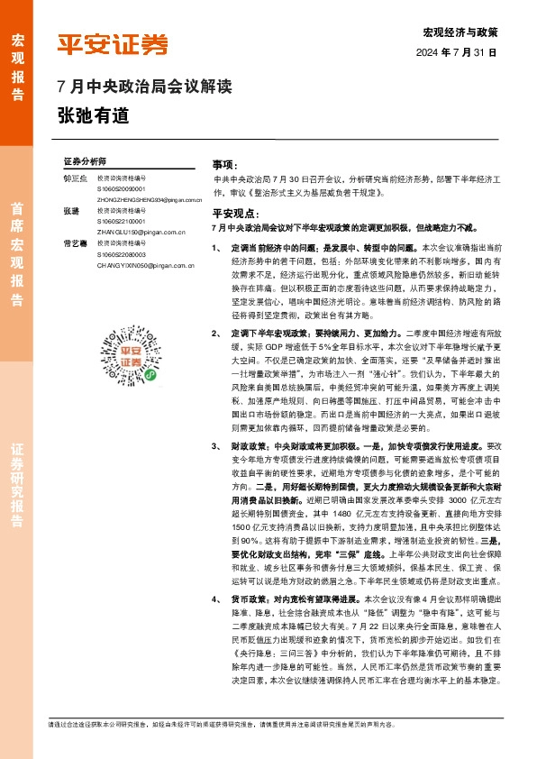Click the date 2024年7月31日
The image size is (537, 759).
click(457, 52)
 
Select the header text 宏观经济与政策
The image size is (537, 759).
click(460, 32)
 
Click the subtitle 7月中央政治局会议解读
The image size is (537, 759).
click(144, 88)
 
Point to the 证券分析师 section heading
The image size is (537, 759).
click(85, 160)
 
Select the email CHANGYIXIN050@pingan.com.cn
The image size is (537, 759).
click(145, 266)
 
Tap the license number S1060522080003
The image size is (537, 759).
click(125, 255)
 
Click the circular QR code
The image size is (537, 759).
click(130, 360)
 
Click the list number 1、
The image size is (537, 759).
click(215, 246)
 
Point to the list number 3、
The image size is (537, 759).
click(215, 445)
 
